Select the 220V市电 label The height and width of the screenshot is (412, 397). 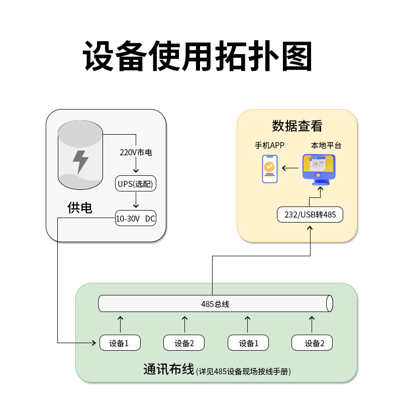[x=136, y=152]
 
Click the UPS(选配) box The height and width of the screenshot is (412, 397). [x=136, y=184]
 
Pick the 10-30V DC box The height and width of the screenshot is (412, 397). [x=136, y=218]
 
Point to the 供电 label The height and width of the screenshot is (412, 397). [x=80, y=208]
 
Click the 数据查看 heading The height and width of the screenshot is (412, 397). [x=297, y=126]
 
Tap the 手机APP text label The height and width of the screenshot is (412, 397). [x=270, y=146]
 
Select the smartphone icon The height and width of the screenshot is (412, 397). [x=270, y=169]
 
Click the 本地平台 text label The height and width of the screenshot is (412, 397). [x=326, y=146]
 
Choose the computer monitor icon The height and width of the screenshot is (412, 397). [x=318, y=167]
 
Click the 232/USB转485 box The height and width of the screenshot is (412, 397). [x=310, y=215]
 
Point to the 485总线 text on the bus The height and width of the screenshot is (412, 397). [x=215, y=303]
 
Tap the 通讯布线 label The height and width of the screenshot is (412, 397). [x=168, y=370]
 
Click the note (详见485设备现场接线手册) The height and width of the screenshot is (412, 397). [x=244, y=372]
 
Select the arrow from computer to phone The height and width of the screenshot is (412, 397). [x=289, y=168]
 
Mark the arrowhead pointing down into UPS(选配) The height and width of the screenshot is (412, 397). [x=136, y=171]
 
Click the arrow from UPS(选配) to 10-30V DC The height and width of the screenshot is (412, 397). [x=136, y=200]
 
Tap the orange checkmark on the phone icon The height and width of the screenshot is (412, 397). [x=270, y=166]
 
